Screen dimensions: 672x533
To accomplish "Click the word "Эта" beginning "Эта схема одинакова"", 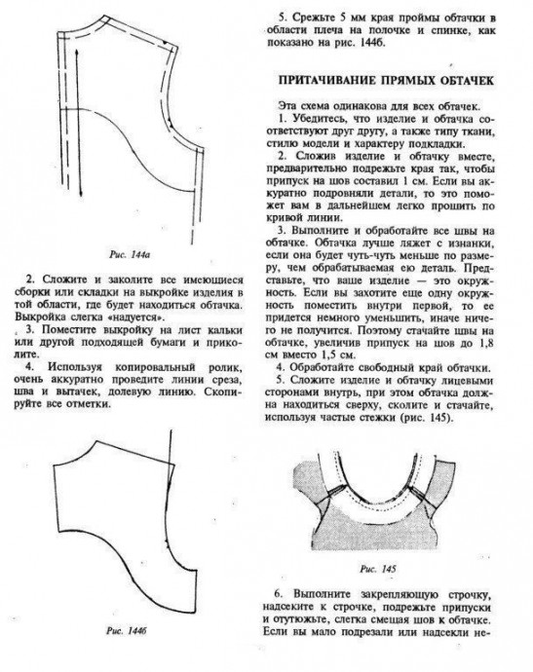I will pos(290,104).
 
